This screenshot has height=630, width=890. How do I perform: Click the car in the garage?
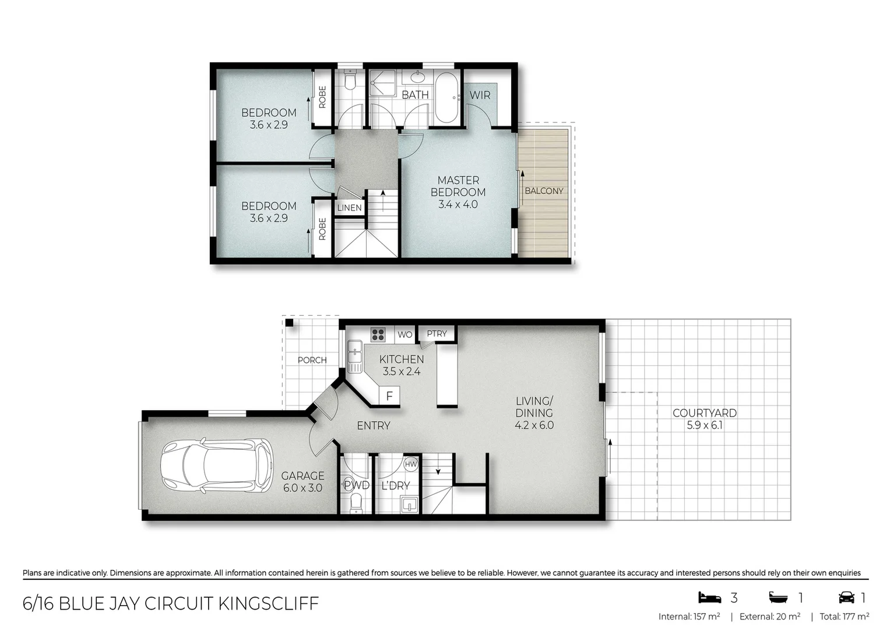pyautogui.click(x=217, y=465)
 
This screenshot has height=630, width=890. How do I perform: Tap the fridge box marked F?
pyautogui.click(x=389, y=396)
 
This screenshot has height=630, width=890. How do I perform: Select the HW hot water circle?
pyautogui.click(x=411, y=464)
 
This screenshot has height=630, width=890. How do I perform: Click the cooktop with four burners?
pyautogui.click(x=378, y=334)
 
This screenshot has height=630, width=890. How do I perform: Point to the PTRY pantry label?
pyautogui.click(x=437, y=334)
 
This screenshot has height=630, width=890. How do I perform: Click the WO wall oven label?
pyautogui.click(x=404, y=335)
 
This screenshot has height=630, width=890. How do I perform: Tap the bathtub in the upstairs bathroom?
pyautogui.click(x=446, y=97)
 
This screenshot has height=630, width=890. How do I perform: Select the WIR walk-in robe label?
pyautogui.click(x=480, y=95)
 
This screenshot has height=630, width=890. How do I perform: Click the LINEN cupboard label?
pyautogui.click(x=350, y=208)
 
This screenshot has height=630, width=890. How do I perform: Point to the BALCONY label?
pyautogui.click(x=544, y=191)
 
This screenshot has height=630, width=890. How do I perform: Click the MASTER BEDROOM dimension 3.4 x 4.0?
pyautogui.click(x=458, y=205)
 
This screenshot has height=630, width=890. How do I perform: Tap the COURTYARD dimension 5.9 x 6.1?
pyautogui.click(x=705, y=425)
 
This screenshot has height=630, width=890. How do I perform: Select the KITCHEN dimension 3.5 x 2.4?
pyautogui.click(x=402, y=372)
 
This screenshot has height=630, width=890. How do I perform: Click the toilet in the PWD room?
pyautogui.click(x=356, y=503)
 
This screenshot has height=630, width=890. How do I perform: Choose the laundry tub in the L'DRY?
pyautogui.click(x=410, y=505)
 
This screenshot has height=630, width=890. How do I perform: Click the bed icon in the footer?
pyautogui.click(x=709, y=597)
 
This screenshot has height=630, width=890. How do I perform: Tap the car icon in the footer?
pyautogui.click(x=846, y=597)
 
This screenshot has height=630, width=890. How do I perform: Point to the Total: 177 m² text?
pyautogui.click(x=844, y=617)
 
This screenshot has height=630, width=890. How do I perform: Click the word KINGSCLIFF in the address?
pyautogui.click(x=269, y=603)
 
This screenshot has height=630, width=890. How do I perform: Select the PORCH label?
pyautogui.click(x=312, y=360)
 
